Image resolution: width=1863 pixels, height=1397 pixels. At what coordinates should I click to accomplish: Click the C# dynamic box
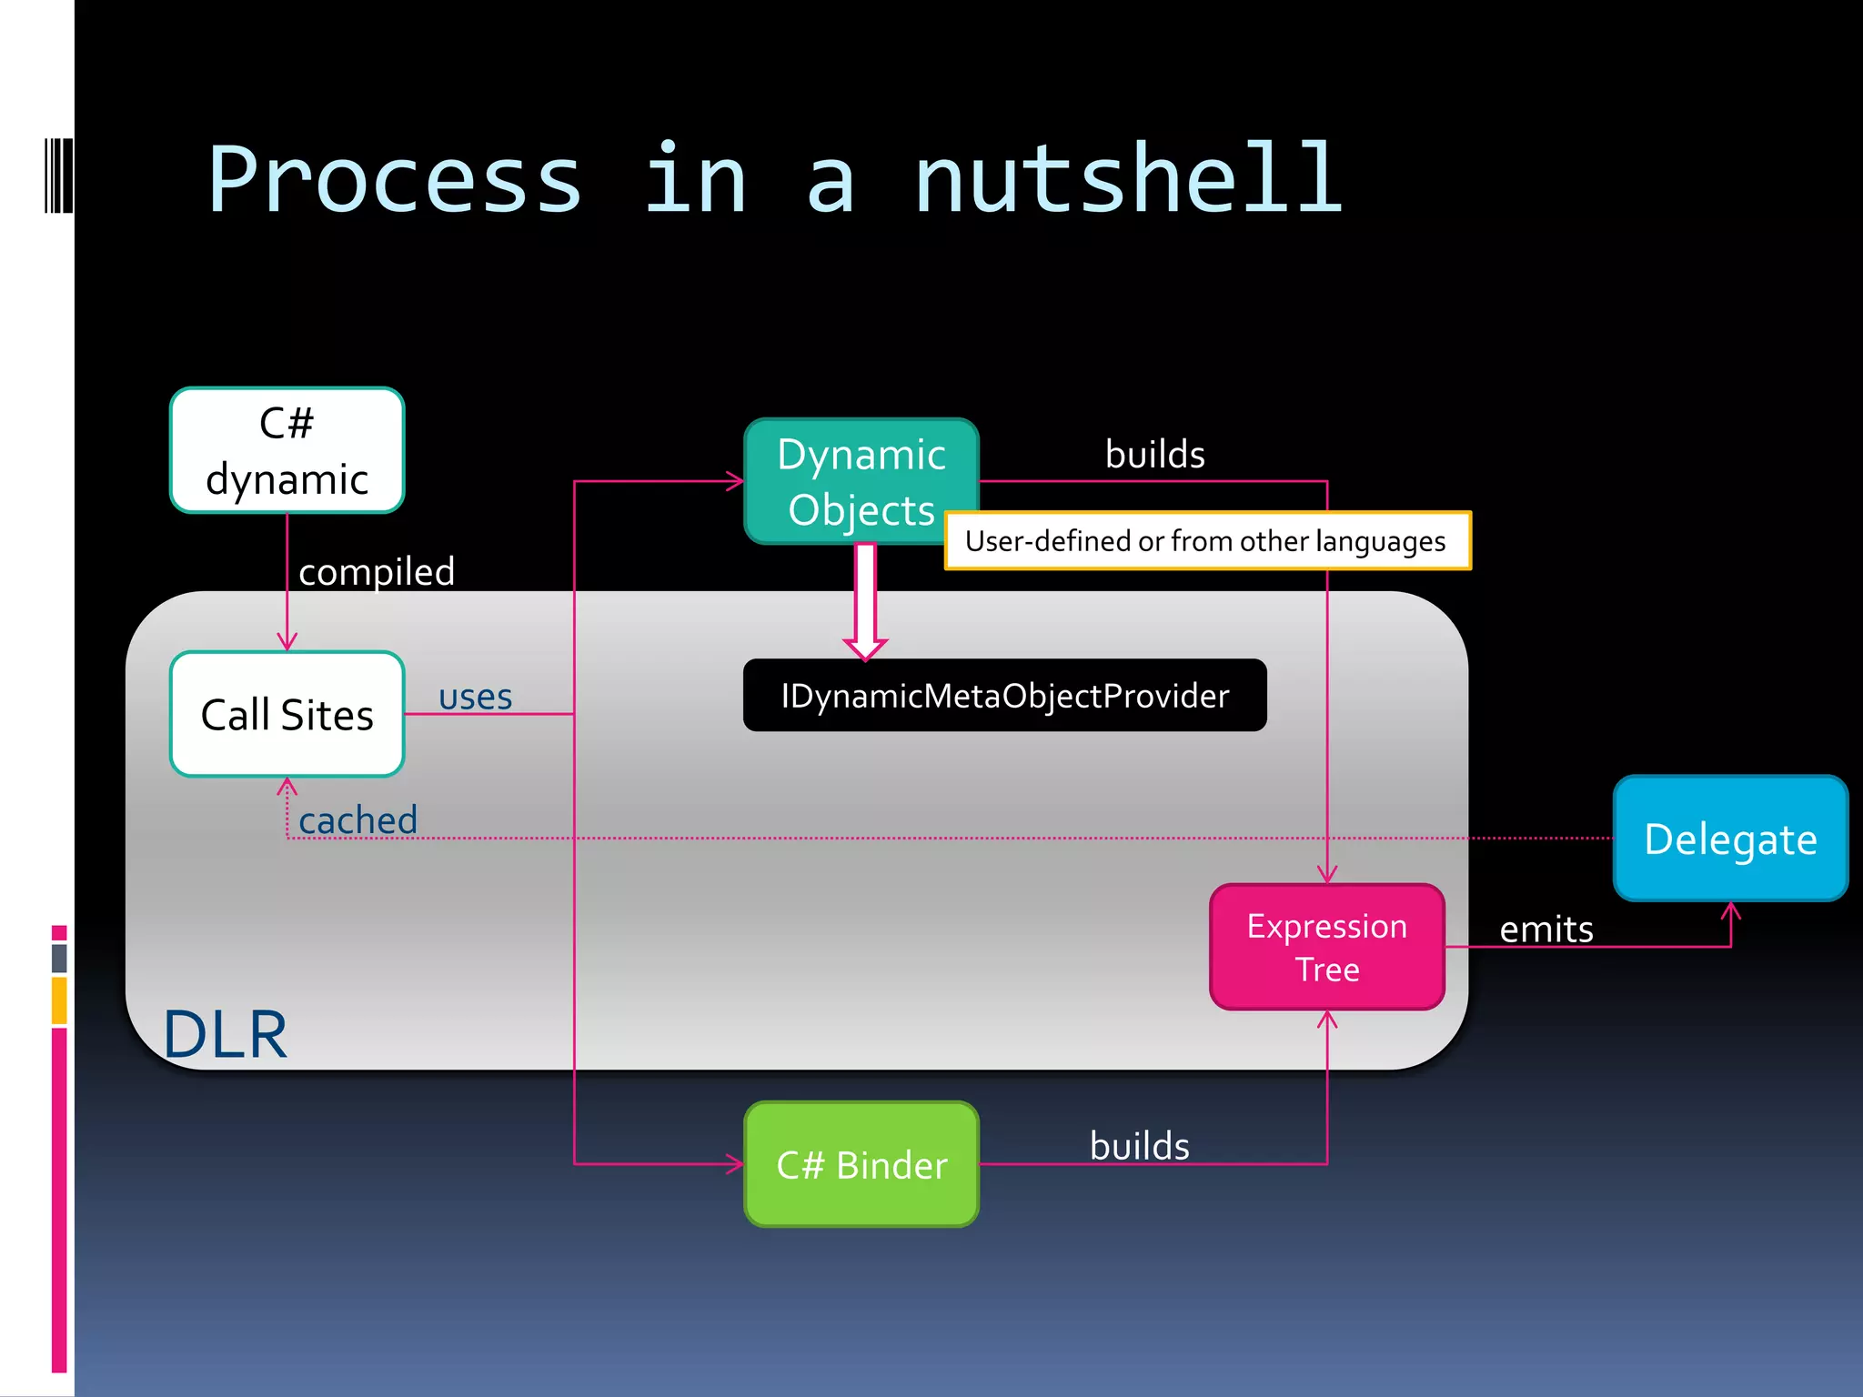pos(287,450)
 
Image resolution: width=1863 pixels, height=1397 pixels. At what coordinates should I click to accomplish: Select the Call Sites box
pos(287,714)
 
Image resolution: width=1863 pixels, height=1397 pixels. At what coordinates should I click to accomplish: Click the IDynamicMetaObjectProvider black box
pos(1004,696)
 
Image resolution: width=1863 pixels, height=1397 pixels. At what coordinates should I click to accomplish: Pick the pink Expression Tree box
pos(1327,947)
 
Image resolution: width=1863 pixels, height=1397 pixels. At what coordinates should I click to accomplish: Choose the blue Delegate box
pos(1730,839)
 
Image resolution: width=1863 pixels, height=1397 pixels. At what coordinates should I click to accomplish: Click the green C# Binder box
pos(861,1164)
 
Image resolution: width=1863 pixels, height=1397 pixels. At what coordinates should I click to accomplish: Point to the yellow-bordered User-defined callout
pos(1207,541)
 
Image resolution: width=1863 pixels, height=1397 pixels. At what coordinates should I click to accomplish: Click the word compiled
pos(377,572)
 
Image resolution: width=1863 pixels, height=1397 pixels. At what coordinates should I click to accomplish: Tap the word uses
pos(475,698)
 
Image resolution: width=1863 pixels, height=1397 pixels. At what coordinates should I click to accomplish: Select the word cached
pos(357,820)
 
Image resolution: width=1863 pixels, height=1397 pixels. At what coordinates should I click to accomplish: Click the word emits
pos(1546,930)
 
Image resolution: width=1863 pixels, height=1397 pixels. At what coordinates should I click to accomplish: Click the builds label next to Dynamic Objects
pos(1154,454)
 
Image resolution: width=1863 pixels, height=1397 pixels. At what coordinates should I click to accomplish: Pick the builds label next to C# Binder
pos(1139,1146)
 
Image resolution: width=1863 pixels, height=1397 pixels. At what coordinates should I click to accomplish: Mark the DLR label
pos(225,1034)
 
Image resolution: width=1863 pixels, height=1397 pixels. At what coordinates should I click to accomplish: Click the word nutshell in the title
pos(1128,180)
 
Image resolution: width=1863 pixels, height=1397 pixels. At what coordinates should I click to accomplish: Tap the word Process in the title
pos(395,180)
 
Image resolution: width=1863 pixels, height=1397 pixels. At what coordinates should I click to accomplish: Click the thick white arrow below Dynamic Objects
pos(865,600)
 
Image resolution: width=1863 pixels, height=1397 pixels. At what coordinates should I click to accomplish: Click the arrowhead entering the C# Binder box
pos(735,1163)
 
